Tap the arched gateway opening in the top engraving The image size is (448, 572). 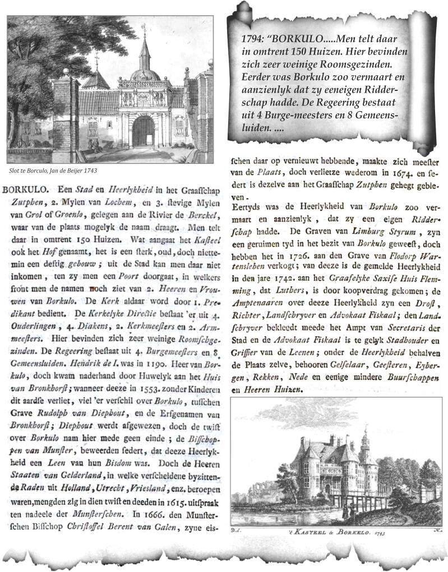click(143, 133)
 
